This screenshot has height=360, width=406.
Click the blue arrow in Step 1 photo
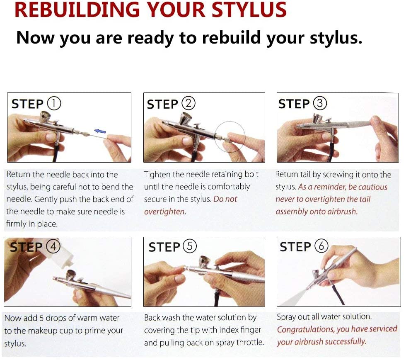click(x=100, y=131)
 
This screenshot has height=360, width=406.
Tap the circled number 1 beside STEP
click(x=54, y=103)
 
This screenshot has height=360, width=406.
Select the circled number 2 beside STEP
click(x=188, y=103)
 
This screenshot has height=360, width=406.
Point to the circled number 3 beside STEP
click(x=320, y=103)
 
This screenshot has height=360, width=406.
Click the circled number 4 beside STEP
click(x=53, y=246)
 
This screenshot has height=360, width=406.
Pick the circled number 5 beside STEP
click(x=190, y=246)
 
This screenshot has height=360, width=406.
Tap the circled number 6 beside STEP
click(x=321, y=246)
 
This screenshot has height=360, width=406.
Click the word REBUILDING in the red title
click(x=77, y=10)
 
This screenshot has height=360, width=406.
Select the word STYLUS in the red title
click(x=249, y=10)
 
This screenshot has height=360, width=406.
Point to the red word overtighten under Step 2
click(x=164, y=212)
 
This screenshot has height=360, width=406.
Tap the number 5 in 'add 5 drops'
click(x=41, y=318)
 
